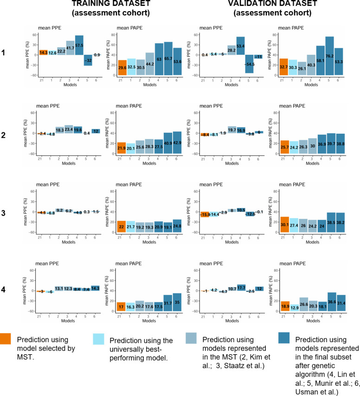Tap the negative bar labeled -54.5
(250, 64)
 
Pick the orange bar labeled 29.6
(122, 67)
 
